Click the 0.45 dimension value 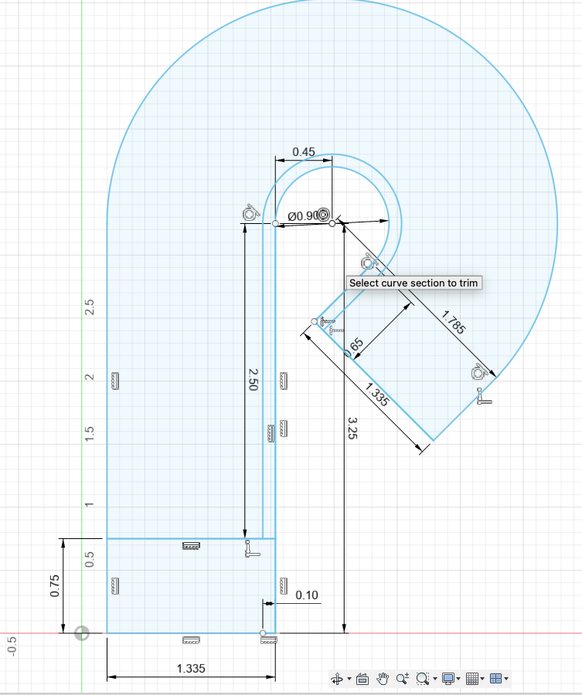pos(304,152)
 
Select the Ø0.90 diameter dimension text pos(301,216)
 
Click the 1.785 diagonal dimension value pos(453,322)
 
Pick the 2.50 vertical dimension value pos(252,385)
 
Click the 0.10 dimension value pos(307,595)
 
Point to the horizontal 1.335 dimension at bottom pos(191,669)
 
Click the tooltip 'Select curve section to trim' pos(414,283)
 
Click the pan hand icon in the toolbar pos(383,679)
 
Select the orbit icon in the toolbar pos(336,679)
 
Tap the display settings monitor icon pos(448,679)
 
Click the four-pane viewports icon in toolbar pos(496,679)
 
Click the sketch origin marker pos(81,633)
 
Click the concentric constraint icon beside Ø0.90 pos(324,215)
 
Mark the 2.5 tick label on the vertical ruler pos(90,307)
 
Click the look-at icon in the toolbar pos(361,679)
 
